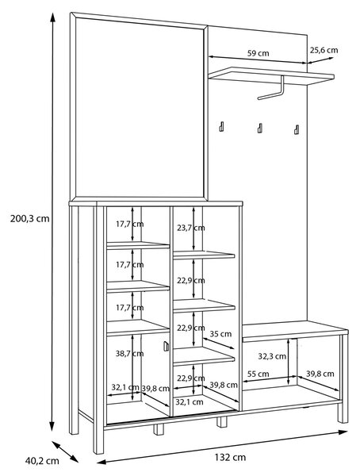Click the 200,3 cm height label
pyautogui.click(x=30, y=219)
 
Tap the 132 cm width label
pyautogui.click(x=231, y=457)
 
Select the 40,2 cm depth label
pyautogui.click(x=42, y=461)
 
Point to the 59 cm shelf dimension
pyautogui.click(x=258, y=53)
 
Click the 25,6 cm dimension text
pyautogui.click(x=324, y=50)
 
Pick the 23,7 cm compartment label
pyautogui.click(x=191, y=228)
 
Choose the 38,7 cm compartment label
pyautogui.click(x=129, y=354)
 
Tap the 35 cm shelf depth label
pyautogui.click(x=220, y=334)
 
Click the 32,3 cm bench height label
pyautogui.click(x=272, y=356)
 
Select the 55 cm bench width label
pyautogui.click(x=258, y=374)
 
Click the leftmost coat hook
pyautogui.click(x=222, y=127)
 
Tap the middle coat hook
pyautogui.click(x=260, y=128)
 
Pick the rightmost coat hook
pyautogui.click(x=297, y=129)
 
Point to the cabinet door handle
pyautogui.click(x=166, y=346)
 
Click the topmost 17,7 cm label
pyautogui.click(x=129, y=225)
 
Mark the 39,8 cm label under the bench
pyautogui.click(x=320, y=374)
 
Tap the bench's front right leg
pyautogui.click(x=343, y=379)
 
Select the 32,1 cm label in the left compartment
pyautogui.click(x=125, y=388)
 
